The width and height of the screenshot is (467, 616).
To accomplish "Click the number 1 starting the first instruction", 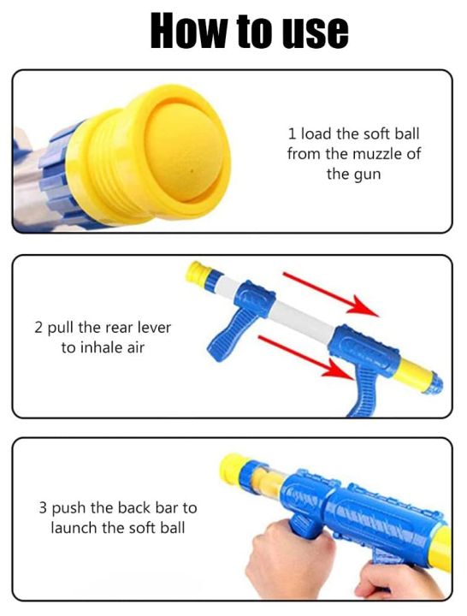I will (291, 133).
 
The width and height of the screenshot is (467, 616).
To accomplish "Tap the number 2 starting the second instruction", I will (38, 328).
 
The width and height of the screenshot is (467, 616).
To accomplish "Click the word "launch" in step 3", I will (76, 528).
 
